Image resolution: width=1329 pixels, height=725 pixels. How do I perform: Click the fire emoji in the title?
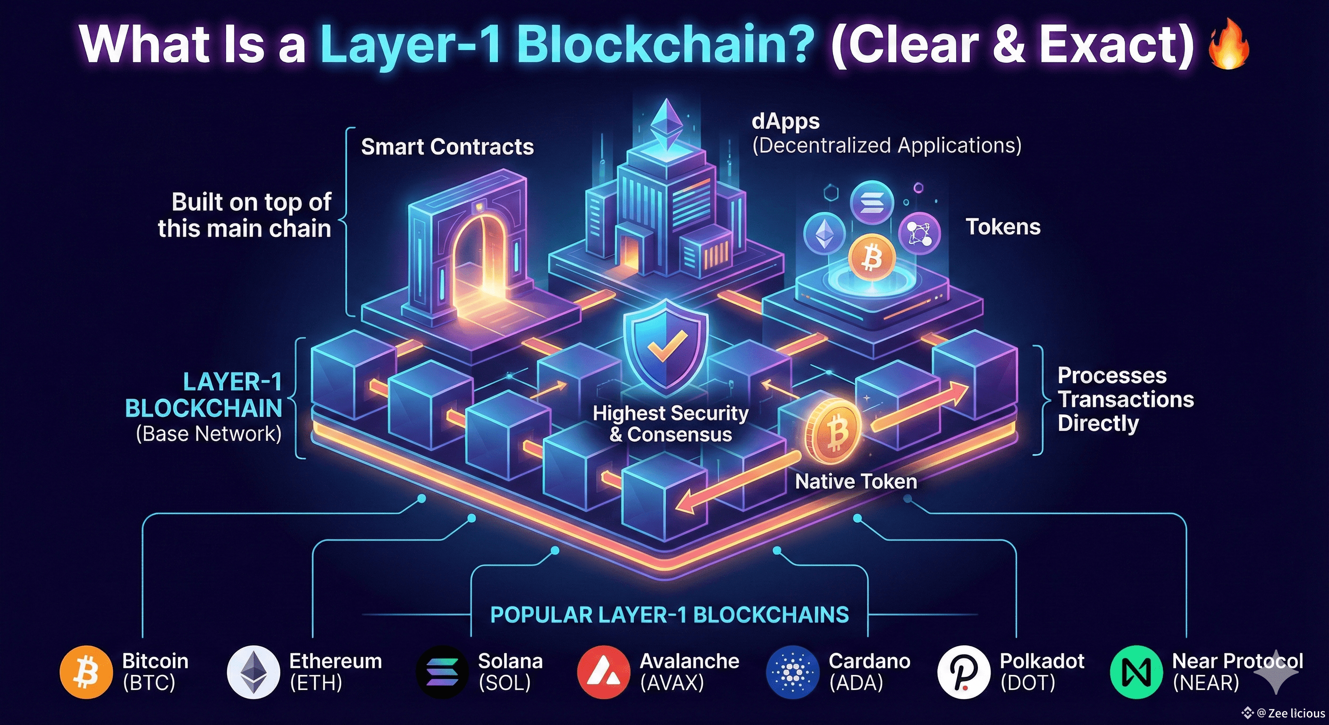[x=1229, y=45]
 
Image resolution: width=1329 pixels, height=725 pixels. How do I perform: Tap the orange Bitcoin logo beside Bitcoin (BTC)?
[x=86, y=672]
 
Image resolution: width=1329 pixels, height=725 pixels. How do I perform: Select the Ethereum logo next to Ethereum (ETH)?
[x=253, y=672]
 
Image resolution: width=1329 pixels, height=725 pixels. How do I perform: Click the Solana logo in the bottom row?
[x=442, y=672]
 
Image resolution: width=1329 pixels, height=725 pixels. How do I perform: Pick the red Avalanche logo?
[x=604, y=672]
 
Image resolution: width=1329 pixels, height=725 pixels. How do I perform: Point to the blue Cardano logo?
[x=792, y=672]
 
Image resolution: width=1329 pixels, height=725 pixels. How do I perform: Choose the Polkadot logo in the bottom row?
[x=963, y=672]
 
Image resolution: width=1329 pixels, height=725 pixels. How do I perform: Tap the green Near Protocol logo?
[x=1136, y=672]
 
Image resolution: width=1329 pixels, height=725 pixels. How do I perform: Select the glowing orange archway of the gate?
[x=477, y=258]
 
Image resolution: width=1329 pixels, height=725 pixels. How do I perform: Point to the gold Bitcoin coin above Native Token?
[x=833, y=431]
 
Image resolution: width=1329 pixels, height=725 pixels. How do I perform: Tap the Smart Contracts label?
[x=447, y=147]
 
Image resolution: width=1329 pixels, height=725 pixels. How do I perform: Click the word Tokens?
[x=1003, y=227]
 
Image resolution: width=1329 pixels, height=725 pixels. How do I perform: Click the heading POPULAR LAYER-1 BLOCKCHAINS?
[x=669, y=615]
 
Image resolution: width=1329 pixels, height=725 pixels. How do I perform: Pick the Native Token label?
[x=856, y=481]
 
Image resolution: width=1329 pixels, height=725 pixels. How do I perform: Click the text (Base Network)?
[x=209, y=433]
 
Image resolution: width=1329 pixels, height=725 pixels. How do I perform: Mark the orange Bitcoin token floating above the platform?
[x=871, y=257]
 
